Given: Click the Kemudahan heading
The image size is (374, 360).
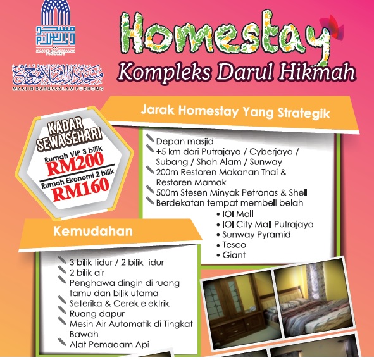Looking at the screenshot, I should coord(102,232).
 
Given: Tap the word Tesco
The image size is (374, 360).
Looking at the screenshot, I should coord(235,244).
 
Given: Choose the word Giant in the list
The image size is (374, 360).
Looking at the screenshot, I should coord(234,255).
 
